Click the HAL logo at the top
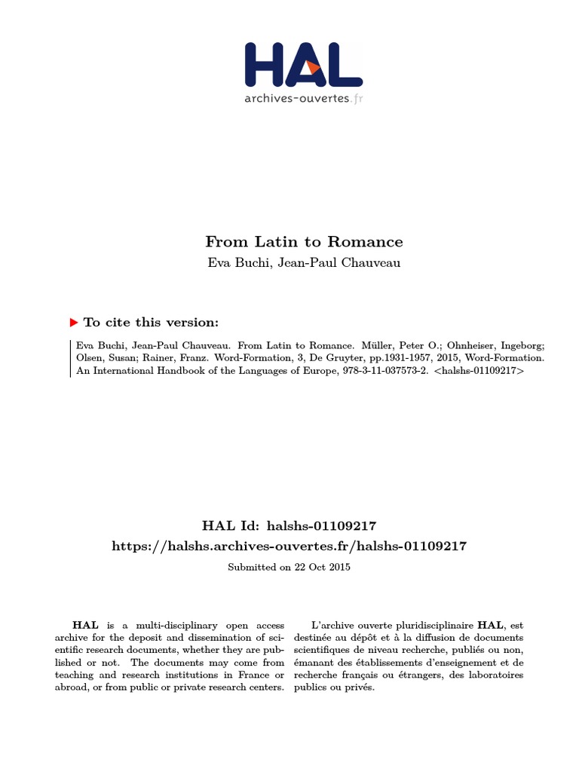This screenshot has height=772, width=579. pos(304,64)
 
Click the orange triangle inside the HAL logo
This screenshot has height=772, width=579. pos(313,68)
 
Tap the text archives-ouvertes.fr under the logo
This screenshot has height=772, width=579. pos(303,98)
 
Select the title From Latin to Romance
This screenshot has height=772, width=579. pos(304,242)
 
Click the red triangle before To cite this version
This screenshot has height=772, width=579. pos(74,323)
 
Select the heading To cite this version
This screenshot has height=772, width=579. pos(151,323)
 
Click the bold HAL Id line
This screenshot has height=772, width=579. pos(289,526)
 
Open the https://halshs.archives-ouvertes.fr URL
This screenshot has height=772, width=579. pos(289,546)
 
